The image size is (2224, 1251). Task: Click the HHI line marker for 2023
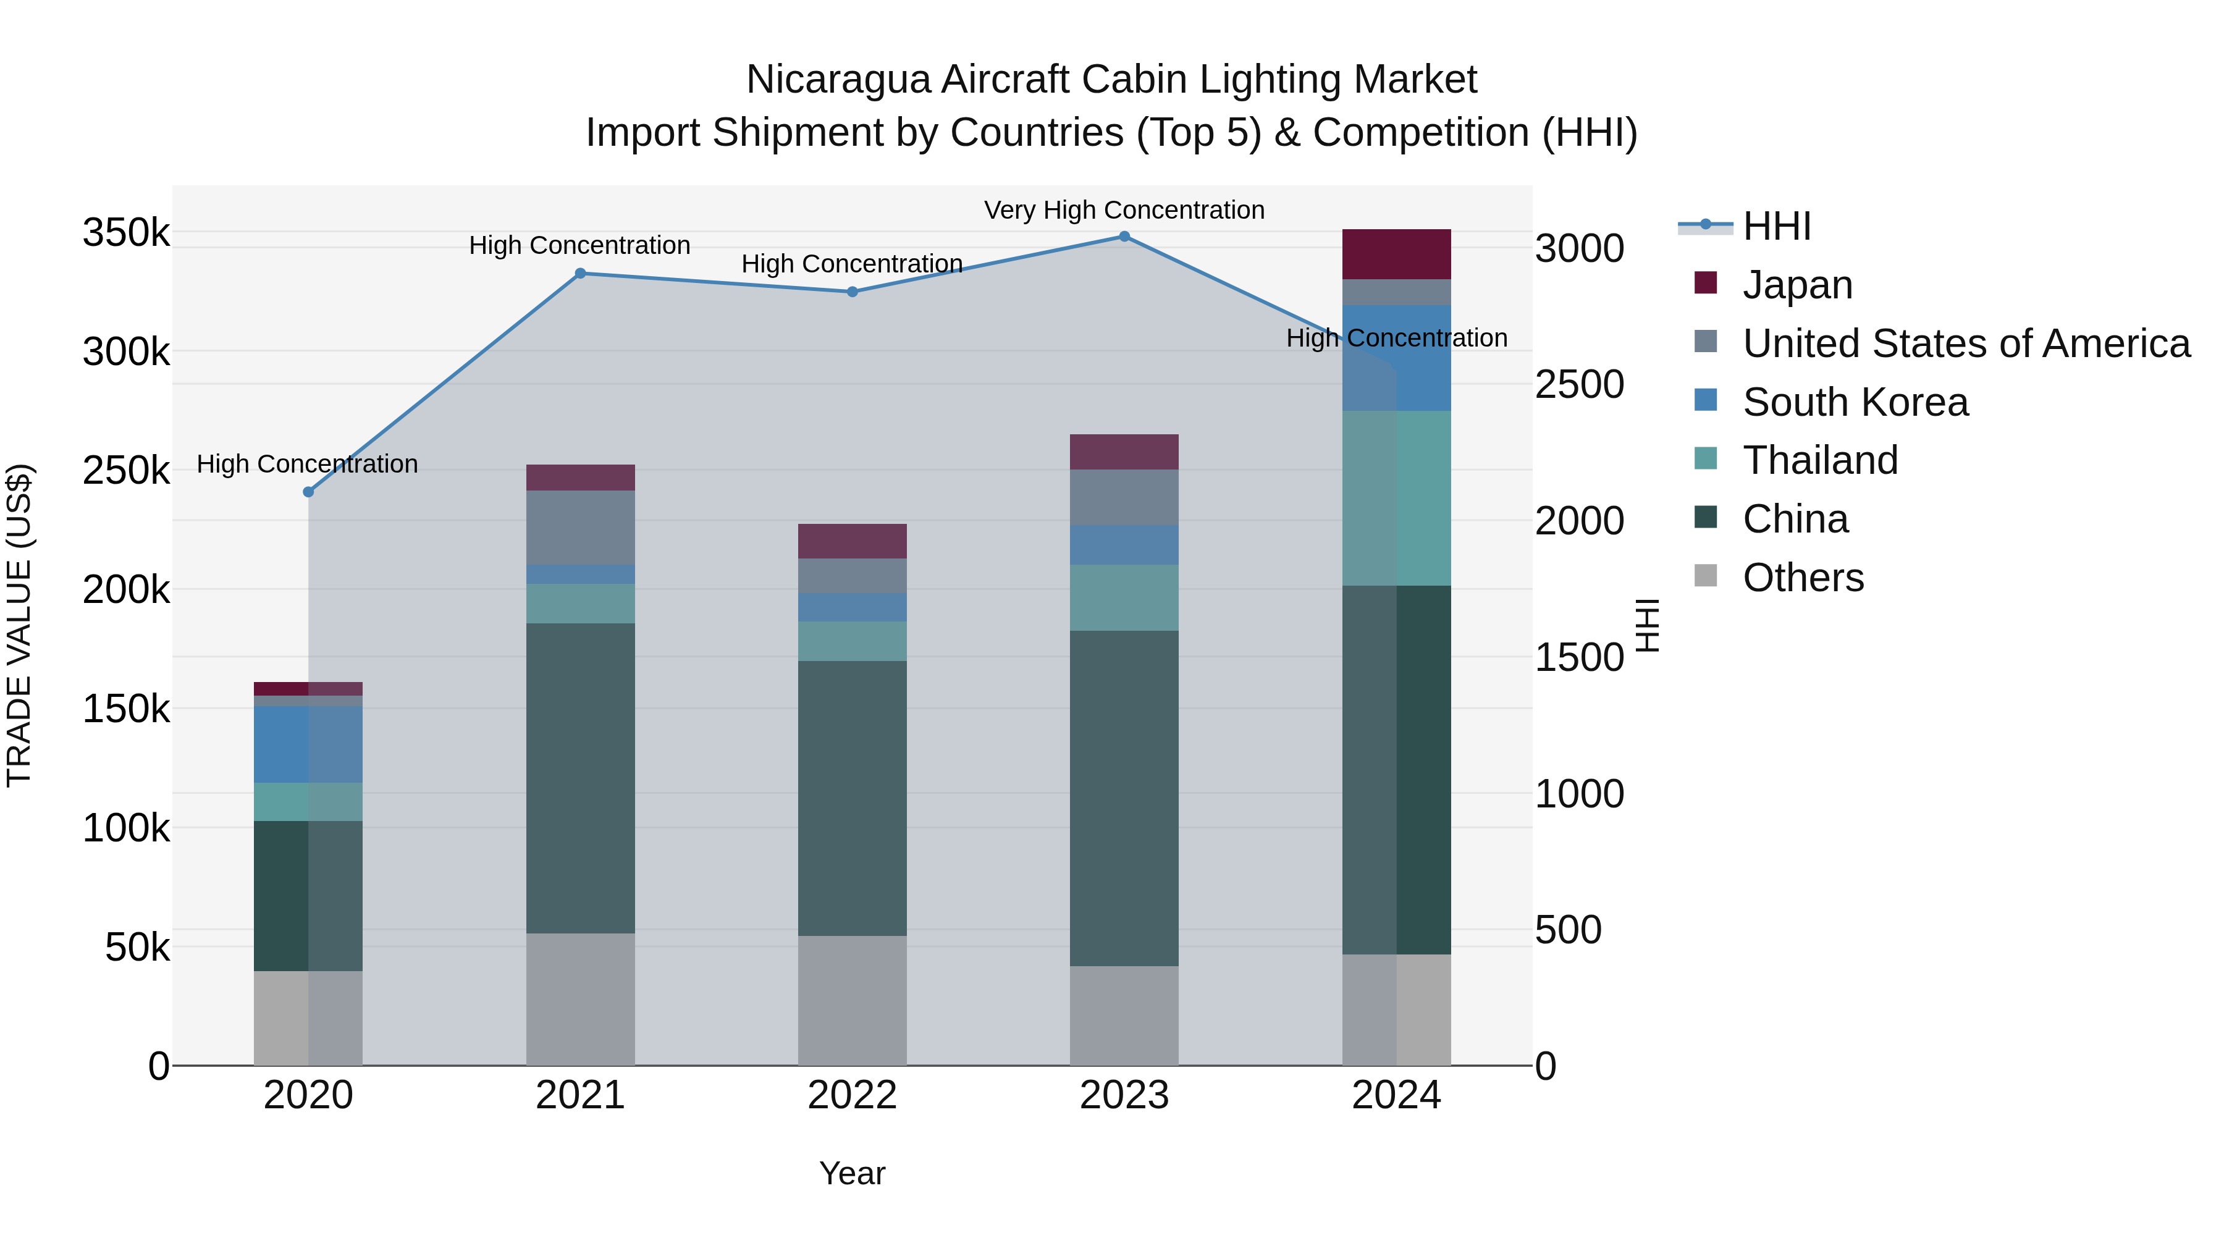click(x=1124, y=237)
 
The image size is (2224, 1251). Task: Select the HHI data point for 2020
click(x=308, y=492)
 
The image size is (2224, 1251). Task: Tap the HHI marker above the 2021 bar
click(x=580, y=274)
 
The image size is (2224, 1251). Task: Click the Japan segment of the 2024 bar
click(x=1396, y=254)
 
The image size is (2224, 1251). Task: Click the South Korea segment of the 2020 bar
click(x=308, y=744)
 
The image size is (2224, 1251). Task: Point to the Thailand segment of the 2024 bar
click(x=1396, y=498)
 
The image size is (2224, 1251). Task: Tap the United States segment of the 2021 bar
click(x=580, y=528)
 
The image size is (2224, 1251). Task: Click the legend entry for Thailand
click(x=1820, y=460)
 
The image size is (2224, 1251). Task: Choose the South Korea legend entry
click(x=1855, y=402)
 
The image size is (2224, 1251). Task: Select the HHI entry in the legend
click(x=1776, y=226)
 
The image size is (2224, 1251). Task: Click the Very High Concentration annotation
click(x=1124, y=210)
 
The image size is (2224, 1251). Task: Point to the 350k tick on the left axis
click(x=126, y=233)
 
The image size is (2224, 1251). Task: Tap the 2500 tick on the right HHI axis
click(x=1579, y=384)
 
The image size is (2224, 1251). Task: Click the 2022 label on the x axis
click(x=852, y=1095)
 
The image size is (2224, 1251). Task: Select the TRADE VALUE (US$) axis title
click(x=20, y=625)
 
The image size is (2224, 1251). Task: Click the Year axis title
click(x=852, y=1173)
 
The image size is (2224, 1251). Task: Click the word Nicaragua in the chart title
click(x=838, y=80)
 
